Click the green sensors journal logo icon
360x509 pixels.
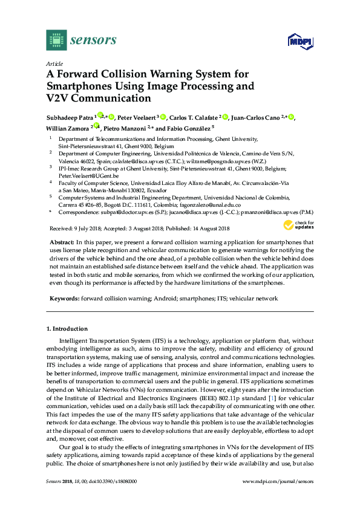[56, 40]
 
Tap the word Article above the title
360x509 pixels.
[54, 63]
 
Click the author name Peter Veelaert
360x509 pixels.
[134, 117]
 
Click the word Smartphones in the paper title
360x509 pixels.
[84, 86]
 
